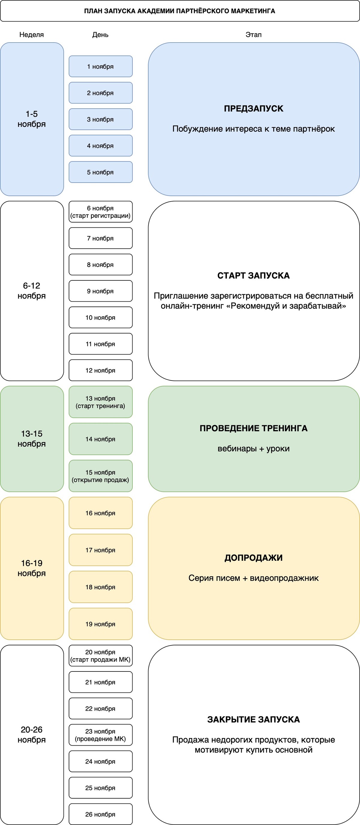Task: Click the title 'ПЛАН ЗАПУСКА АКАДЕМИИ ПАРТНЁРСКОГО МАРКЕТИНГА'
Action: click(180, 11)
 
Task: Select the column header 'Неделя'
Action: click(31, 34)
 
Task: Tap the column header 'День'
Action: click(100, 34)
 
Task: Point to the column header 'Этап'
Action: click(253, 34)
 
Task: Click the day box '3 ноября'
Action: click(100, 119)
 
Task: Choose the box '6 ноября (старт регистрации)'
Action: click(100, 212)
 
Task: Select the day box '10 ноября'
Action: click(100, 317)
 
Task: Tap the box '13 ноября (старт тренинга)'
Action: click(100, 402)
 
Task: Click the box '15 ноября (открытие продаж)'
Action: click(100, 476)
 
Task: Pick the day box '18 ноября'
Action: click(100, 587)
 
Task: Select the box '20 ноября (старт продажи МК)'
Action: click(100, 656)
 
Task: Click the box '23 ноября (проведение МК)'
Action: click(100, 735)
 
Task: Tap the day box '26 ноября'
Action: click(100, 814)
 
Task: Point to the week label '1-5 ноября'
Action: click(32, 119)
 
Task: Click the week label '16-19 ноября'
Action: click(32, 568)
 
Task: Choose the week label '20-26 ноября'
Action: click(32, 735)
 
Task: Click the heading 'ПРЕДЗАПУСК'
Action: click(254, 109)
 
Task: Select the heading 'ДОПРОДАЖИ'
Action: click(254, 558)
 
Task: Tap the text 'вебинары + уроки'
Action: click(254, 449)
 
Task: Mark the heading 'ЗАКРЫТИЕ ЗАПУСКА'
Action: click(254, 720)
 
